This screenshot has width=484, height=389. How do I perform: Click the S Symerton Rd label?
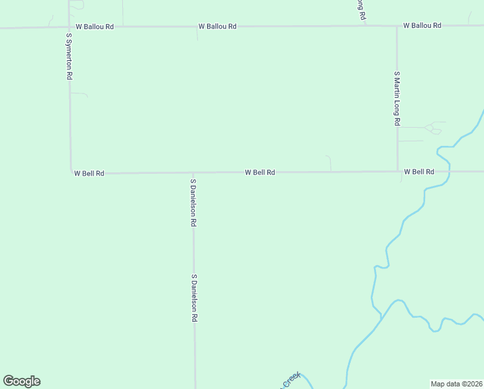point(69,56)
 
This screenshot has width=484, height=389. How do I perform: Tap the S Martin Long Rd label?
point(397,99)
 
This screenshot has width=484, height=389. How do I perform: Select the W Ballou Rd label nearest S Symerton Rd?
point(94,27)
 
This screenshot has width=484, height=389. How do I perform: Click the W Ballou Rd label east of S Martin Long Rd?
point(422,25)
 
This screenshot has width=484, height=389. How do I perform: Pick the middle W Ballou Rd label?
point(217,27)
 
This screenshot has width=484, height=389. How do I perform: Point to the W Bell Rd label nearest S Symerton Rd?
point(89,173)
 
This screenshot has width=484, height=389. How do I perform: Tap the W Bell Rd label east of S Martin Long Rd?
point(419,172)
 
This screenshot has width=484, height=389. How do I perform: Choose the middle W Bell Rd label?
point(260,172)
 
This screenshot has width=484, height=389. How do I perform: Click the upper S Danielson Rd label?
point(193,202)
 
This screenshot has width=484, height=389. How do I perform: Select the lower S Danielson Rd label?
point(193,298)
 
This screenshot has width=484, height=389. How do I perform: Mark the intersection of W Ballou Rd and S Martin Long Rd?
point(397,27)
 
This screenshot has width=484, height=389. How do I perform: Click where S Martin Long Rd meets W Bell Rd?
point(397,172)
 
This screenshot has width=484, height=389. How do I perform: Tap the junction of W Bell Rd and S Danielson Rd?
point(193,173)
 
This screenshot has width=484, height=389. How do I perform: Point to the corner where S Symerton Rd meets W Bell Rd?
point(71,173)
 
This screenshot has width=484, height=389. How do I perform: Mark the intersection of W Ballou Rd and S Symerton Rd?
point(69,27)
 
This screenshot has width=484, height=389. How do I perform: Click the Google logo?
point(21,381)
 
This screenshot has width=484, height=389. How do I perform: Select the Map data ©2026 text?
point(456,384)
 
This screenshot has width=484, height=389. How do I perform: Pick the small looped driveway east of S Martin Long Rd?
point(432,129)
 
